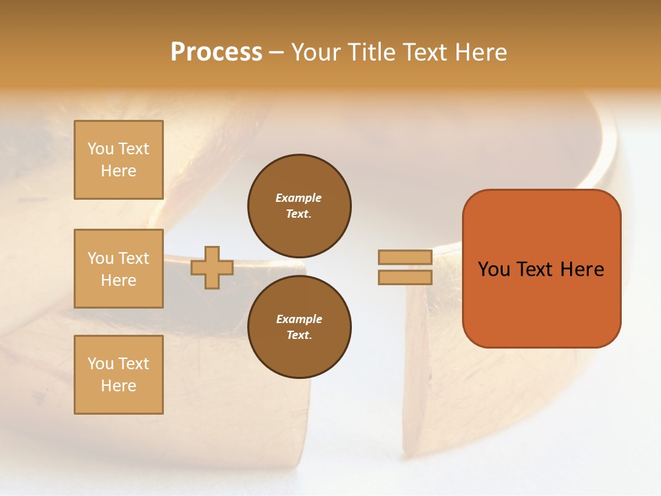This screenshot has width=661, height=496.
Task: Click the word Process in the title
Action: click(x=216, y=52)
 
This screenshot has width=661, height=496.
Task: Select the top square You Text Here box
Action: click(x=118, y=160)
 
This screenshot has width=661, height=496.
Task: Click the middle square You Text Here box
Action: click(x=118, y=269)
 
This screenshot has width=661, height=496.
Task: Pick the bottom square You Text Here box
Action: click(x=118, y=375)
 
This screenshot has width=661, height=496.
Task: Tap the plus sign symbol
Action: click(x=212, y=267)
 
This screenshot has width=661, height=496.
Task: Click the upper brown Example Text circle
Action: click(x=300, y=205)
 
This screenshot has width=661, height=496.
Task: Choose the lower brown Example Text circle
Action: click(x=300, y=327)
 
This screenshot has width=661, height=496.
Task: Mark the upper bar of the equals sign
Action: click(x=405, y=257)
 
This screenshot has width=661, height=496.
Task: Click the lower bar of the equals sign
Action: click(x=405, y=277)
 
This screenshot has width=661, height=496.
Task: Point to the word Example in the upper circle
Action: click(x=299, y=198)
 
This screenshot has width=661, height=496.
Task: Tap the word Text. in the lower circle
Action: click(x=300, y=335)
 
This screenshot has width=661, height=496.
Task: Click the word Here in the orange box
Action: click(x=582, y=269)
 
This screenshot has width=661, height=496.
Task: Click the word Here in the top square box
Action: click(x=118, y=171)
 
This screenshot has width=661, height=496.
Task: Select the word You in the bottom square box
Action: click(x=101, y=364)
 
